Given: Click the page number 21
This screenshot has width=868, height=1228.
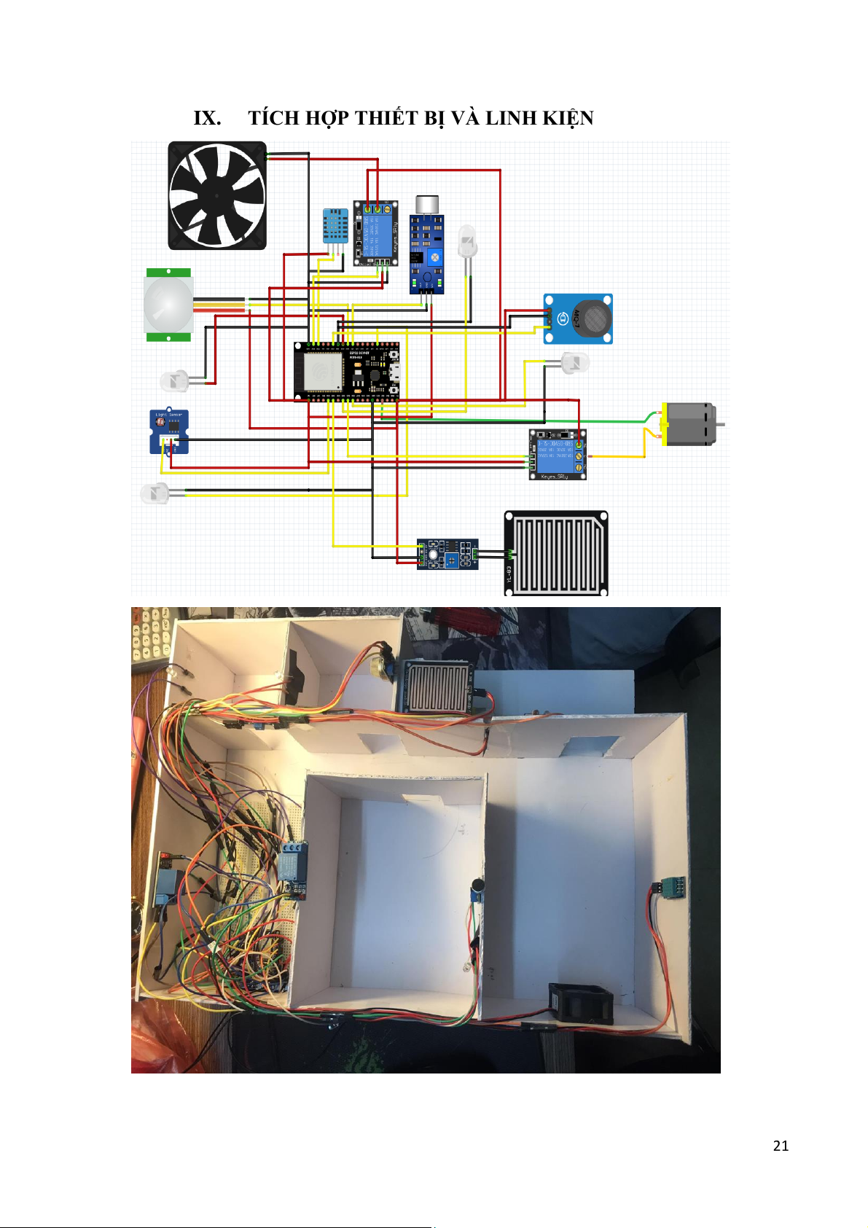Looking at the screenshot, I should (x=781, y=1146).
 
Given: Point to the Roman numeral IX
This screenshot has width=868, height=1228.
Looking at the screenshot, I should (x=207, y=118).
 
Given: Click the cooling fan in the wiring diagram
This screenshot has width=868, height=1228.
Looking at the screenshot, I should (x=217, y=195).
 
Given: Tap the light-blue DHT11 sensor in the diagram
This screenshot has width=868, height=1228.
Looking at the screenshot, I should (x=335, y=226).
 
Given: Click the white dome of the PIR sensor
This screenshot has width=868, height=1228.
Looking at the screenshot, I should (x=168, y=305).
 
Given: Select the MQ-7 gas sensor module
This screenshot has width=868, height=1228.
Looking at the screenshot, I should (x=578, y=318).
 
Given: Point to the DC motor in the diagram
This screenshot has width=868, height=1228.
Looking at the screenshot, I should (x=688, y=424).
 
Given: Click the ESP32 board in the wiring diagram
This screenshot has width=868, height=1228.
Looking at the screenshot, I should (x=346, y=371).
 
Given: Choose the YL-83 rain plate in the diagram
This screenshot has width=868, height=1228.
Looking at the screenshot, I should (x=556, y=553).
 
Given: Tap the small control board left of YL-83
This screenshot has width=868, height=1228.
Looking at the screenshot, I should (x=447, y=554).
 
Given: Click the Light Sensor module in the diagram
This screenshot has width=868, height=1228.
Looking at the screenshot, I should (x=169, y=431).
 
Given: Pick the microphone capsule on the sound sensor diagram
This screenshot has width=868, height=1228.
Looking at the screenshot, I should (x=426, y=203).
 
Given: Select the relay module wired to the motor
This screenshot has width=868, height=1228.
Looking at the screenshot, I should (x=558, y=455).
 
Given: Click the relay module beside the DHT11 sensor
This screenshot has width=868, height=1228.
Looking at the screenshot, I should (x=375, y=233).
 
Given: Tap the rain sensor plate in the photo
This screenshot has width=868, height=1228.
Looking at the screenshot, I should (x=435, y=686).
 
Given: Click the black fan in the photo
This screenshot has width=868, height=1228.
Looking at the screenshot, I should (x=579, y=1004).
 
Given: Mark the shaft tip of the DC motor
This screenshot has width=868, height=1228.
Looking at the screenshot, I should (x=722, y=424).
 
